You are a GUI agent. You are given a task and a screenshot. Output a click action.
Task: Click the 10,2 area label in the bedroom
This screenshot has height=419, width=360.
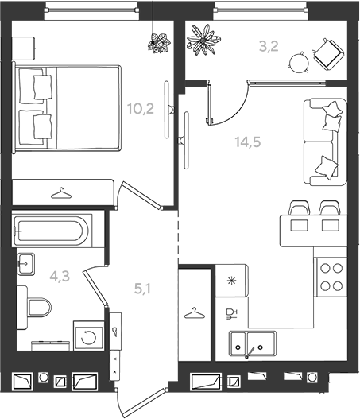pyautogui.click(x=141, y=109)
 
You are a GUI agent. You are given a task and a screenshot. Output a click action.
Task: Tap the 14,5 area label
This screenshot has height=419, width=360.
pyautogui.click(x=248, y=142)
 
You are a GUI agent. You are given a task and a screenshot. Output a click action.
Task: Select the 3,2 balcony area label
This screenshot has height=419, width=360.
pyautogui.click(x=269, y=46)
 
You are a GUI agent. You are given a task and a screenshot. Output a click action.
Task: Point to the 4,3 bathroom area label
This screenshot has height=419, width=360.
pyautogui.click(x=60, y=276)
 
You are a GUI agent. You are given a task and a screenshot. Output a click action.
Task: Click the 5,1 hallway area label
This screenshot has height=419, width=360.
pyautogui.click(x=142, y=289)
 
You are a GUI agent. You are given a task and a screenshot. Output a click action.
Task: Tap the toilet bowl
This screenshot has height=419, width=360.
pyautogui.click(x=35, y=308)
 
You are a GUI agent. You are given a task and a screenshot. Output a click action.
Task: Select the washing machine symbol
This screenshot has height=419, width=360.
pyautogui.click(x=88, y=336)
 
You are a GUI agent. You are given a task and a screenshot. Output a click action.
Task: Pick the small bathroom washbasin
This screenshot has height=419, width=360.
pyautogui.click(x=26, y=264)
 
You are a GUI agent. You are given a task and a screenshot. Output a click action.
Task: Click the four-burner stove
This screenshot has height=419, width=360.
pyautogui.click(x=331, y=277)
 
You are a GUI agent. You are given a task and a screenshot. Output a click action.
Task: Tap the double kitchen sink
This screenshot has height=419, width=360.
pyautogui.click(x=253, y=343)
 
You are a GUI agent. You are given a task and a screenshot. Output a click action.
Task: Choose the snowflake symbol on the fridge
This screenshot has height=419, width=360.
pyautogui.click(x=231, y=281)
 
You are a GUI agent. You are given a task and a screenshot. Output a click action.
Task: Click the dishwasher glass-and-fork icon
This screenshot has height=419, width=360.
pyautogui.click(x=231, y=314)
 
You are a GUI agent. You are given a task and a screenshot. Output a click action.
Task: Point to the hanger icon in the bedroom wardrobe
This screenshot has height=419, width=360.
pyautogui.click(x=61, y=193)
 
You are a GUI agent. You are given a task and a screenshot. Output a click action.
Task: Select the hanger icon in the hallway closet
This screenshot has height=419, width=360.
pyautogui.click(x=195, y=313)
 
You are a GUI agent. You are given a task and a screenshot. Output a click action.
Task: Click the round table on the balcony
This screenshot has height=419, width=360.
pyautogui.click(x=299, y=63)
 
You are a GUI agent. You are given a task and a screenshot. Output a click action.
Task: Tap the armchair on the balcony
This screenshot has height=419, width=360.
pyautogui.click(x=328, y=54)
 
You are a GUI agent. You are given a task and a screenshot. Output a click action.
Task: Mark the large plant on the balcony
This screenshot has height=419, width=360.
pyautogui.click(x=204, y=40)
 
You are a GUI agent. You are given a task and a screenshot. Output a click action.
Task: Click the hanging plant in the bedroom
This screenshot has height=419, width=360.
pyautogui.click(x=159, y=42)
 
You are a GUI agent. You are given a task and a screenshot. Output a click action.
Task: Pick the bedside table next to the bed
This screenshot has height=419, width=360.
pyautogui.click(x=23, y=48)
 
